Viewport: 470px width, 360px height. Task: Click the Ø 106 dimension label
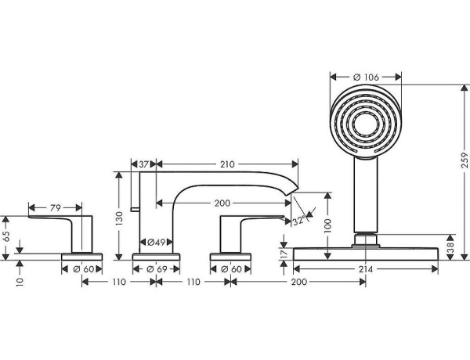pyautogui.click(x=367, y=76)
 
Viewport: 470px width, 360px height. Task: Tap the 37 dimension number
pyautogui.click(x=143, y=165)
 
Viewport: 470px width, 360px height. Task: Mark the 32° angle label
pyautogui.click(x=298, y=221)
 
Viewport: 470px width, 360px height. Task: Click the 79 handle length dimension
pyautogui.click(x=56, y=208)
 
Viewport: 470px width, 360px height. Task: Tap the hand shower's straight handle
pyautogui.click(x=364, y=196)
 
